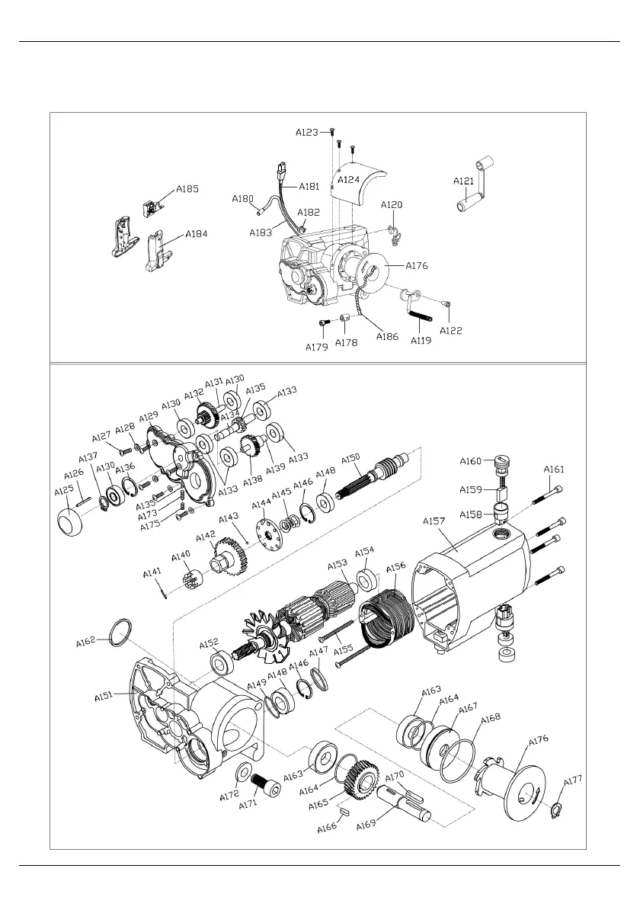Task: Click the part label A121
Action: tap(464, 181)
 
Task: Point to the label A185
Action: tap(187, 189)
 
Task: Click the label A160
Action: tap(471, 461)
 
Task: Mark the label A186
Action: tap(387, 336)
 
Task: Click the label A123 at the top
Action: tap(307, 132)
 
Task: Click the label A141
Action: tap(153, 572)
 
